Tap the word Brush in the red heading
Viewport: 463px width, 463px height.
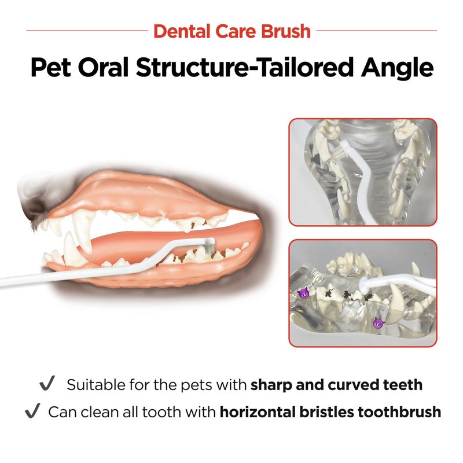click(x=286, y=31)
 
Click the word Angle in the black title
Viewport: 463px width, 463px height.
click(x=396, y=68)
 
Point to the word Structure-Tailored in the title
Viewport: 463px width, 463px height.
click(x=245, y=67)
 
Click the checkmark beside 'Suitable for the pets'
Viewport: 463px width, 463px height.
click(x=47, y=383)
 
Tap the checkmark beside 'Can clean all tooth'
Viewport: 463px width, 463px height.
click(x=32, y=410)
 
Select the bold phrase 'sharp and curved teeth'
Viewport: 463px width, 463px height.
click(x=336, y=385)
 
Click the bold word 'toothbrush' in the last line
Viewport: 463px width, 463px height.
click(x=399, y=411)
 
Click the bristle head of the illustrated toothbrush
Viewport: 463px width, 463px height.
click(x=209, y=246)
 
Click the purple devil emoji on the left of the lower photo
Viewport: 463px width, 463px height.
click(x=303, y=293)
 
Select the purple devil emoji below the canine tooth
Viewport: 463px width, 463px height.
click(x=378, y=323)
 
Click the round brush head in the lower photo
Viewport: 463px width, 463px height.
click(x=365, y=285)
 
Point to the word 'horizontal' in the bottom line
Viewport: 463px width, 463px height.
click(x=258, y=411)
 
